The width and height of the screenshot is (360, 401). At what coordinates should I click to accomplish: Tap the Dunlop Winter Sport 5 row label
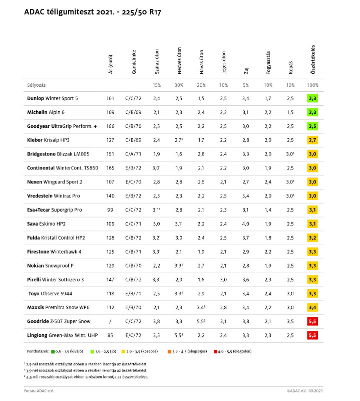53,98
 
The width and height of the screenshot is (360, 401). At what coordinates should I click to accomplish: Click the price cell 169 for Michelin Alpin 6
110,112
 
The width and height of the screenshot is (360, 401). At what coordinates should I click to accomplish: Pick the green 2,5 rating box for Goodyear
312,126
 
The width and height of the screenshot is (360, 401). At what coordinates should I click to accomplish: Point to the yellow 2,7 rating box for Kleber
312,140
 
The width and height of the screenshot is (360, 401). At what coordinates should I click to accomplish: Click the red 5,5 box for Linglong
312,334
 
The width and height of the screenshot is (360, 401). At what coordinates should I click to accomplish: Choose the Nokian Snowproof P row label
50,265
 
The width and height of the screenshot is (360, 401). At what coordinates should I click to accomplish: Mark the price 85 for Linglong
110,334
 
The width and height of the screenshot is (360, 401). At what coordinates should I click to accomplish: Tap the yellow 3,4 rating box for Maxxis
312,306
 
